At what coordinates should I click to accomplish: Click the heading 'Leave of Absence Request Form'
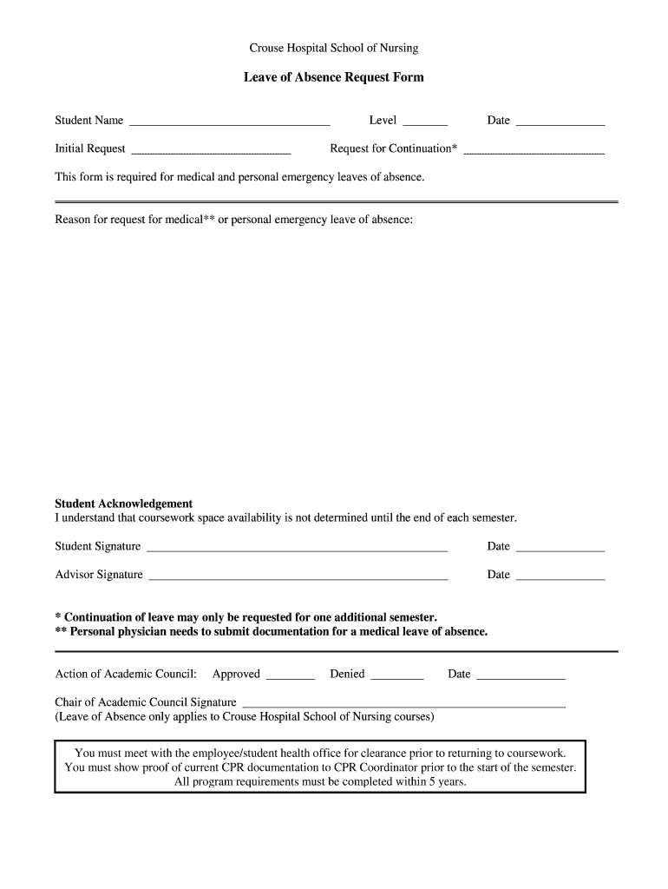point(333,77)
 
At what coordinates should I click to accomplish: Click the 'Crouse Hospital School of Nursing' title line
point(333,49)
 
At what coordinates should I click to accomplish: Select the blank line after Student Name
point(229,122)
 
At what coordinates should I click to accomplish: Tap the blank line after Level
point(425,122)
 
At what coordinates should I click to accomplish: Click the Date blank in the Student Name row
point(560,122)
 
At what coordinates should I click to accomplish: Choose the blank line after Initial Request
point(211,150)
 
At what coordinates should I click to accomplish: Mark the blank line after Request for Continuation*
point(534,150)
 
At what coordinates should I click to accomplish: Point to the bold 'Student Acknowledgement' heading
point(124,504)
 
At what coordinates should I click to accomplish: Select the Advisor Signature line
point(298,576)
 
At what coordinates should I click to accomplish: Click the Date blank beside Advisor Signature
point(560,576)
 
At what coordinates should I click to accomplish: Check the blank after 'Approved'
point(290,676)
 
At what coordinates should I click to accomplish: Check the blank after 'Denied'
point(397,676)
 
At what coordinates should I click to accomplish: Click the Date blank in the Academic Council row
point(521,676)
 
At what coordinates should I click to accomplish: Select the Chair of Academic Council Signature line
point(403,704)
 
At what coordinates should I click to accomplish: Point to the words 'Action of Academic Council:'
point(126,674)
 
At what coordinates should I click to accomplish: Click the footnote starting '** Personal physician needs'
point(271,631)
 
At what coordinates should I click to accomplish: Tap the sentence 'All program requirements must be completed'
point(320,781)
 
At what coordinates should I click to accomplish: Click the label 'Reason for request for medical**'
point(135,220)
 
